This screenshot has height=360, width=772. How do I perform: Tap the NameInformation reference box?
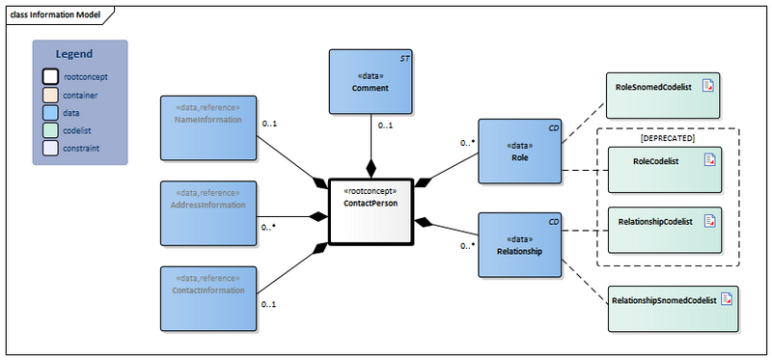(x=207, y=126)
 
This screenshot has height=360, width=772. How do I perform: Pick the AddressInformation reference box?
(x=207, y=211)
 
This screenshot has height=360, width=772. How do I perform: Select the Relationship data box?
(x=519, y=245)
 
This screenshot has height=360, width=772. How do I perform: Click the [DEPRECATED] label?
(x=668, y=138)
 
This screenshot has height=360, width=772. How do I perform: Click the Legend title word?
(x=73, y=54)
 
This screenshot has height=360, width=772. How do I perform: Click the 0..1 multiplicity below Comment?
(x=384, y=125)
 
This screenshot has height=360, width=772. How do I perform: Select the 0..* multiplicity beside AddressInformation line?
(x=268, y=228)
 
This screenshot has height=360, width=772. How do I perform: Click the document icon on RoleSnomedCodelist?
(x=708, y=87)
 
